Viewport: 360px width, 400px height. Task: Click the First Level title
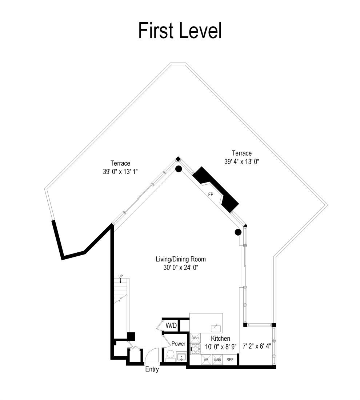(180, 31)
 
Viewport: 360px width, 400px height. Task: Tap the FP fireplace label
(211, 195)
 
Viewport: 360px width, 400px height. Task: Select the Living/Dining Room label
(181, 259)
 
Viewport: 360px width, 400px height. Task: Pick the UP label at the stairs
(121, 276)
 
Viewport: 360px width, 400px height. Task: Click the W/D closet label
(171, 325)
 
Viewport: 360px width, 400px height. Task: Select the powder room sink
(181, 356)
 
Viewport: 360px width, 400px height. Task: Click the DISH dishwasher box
(195, 338)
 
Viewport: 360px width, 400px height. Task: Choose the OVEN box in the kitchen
(217, 359)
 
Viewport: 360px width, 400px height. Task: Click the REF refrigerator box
(230, 359)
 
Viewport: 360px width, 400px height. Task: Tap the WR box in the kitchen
(206, 359)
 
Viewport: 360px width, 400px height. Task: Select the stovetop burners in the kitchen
(196, 349)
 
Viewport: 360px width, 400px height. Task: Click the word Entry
(152, 369)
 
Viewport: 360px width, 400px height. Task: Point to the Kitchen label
(221, 339)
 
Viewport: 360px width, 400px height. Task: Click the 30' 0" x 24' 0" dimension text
(181, 268)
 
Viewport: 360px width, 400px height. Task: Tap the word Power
(179, 344)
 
